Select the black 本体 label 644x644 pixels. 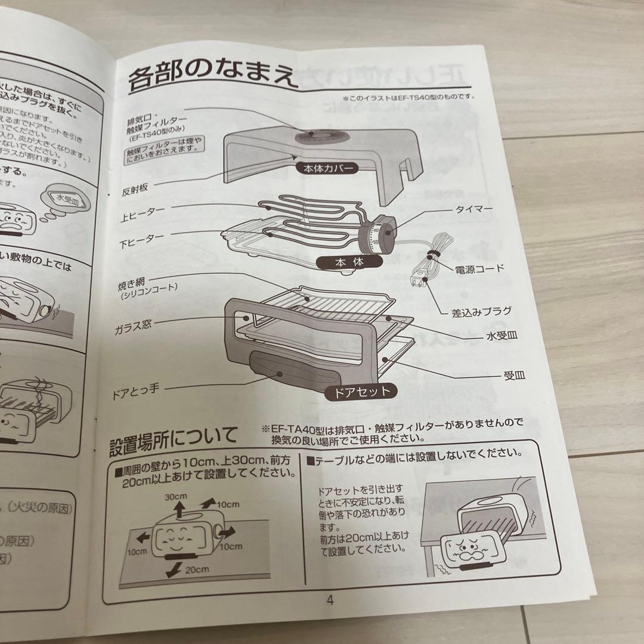349,262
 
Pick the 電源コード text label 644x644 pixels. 479,268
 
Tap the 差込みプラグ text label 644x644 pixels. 481,311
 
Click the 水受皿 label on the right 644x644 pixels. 501,336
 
